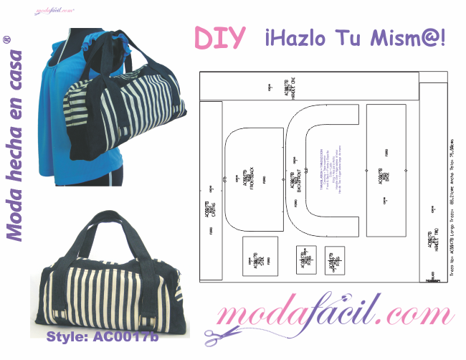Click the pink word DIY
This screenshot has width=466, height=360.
[x=220, y=38]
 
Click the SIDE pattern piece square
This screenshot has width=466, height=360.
[x=260, y=256]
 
